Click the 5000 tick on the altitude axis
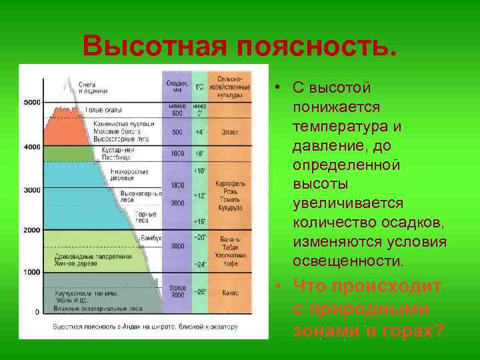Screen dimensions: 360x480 click(x=31, y=102)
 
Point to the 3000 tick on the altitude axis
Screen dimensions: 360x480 click(x=31, y=190)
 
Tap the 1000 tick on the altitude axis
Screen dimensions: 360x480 click(x=31, y=272)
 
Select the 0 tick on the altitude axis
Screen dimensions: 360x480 click(x=36, y=312)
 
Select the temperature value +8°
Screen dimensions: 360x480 click(x=199, y=153)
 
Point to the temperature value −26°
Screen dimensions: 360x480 click(x=199, y=292)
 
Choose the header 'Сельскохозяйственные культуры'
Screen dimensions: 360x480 click(x=229, y=87)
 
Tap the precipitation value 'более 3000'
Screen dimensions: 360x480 click(x=177, y=291)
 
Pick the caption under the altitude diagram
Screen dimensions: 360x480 click(x=145, y=327)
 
